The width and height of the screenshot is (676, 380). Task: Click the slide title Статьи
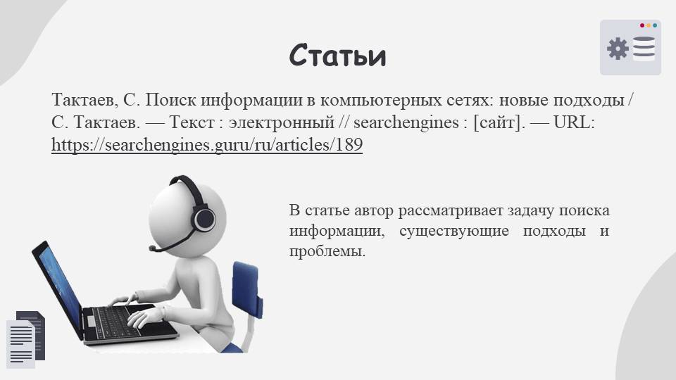point(337,55)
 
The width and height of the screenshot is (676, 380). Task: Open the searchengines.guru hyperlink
point(207,145)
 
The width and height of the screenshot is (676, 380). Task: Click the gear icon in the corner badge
point(618,49)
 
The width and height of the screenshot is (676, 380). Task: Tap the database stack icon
point(644,49)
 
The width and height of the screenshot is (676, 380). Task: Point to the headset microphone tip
point(152,248)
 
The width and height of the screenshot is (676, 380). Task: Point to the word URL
point(573,122)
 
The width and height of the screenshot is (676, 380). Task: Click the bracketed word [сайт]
point(499,122)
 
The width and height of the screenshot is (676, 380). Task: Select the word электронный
point(282,122)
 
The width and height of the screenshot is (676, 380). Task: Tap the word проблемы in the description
point(327,251)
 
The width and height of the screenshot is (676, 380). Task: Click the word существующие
point(454,231)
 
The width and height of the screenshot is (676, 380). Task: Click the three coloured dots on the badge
point(649,25)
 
